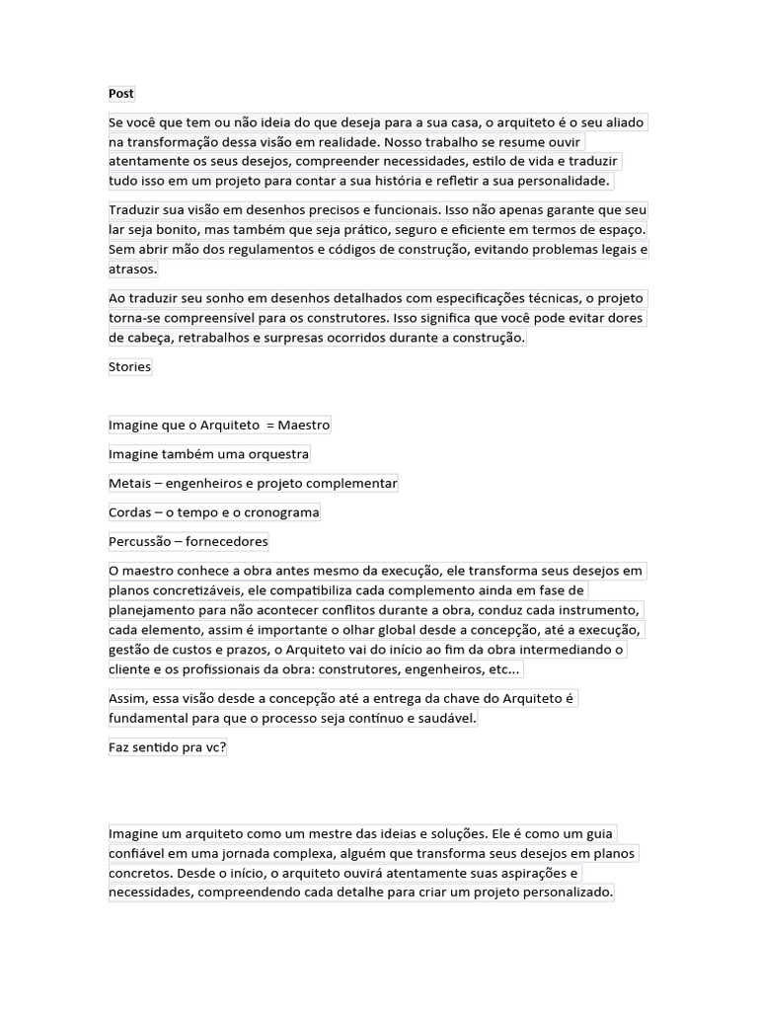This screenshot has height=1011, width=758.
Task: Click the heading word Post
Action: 121,94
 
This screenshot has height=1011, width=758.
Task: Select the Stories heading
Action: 130,367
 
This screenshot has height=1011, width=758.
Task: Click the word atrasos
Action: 132,270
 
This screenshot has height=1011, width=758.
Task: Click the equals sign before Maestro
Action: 269,426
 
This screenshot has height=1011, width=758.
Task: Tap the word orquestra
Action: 275,454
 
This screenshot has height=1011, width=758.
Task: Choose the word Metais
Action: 130,484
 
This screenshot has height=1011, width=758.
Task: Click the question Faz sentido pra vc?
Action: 168,748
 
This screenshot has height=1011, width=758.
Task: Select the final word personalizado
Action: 565,894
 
